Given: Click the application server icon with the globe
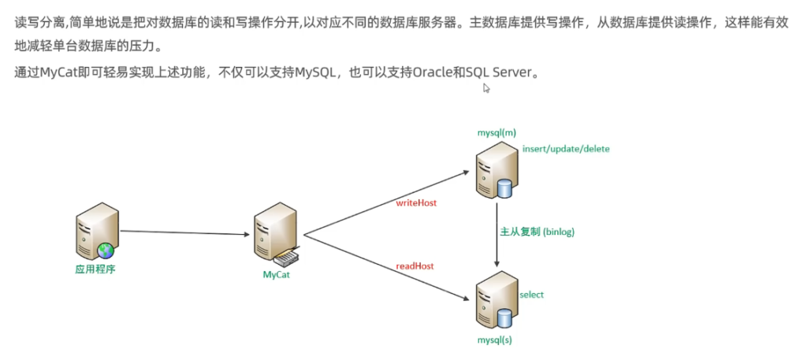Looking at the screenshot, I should coord(97,230).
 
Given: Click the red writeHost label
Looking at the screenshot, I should coord(416,202).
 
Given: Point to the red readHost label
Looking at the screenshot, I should coord(415,266).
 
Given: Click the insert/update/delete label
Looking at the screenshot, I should coord(566,148).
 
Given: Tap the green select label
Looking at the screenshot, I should coord(531,295).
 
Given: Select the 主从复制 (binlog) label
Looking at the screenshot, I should coord(537,232).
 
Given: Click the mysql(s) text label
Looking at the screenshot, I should coord(495,340).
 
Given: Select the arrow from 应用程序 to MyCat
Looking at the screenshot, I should coord(185,232).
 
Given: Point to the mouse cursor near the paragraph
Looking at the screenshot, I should coord(486,88).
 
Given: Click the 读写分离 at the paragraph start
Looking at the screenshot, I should coord(37,22).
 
